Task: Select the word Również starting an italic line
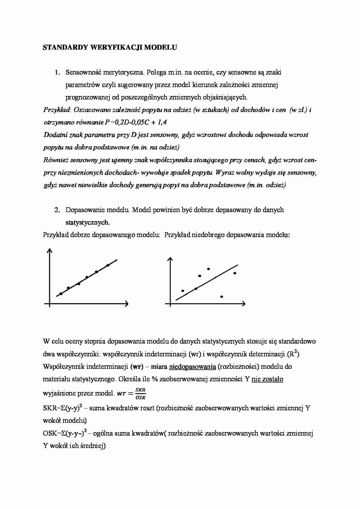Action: [56, 160]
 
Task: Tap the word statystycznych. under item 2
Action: [88, 223]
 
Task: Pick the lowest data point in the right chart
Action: [222, 297]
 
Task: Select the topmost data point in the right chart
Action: [208, 269]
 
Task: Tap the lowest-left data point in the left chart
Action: [61, 294]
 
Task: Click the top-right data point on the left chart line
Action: [108, 265]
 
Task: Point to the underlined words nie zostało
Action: [267, 379]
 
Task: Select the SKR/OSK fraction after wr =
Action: [141, 394]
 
